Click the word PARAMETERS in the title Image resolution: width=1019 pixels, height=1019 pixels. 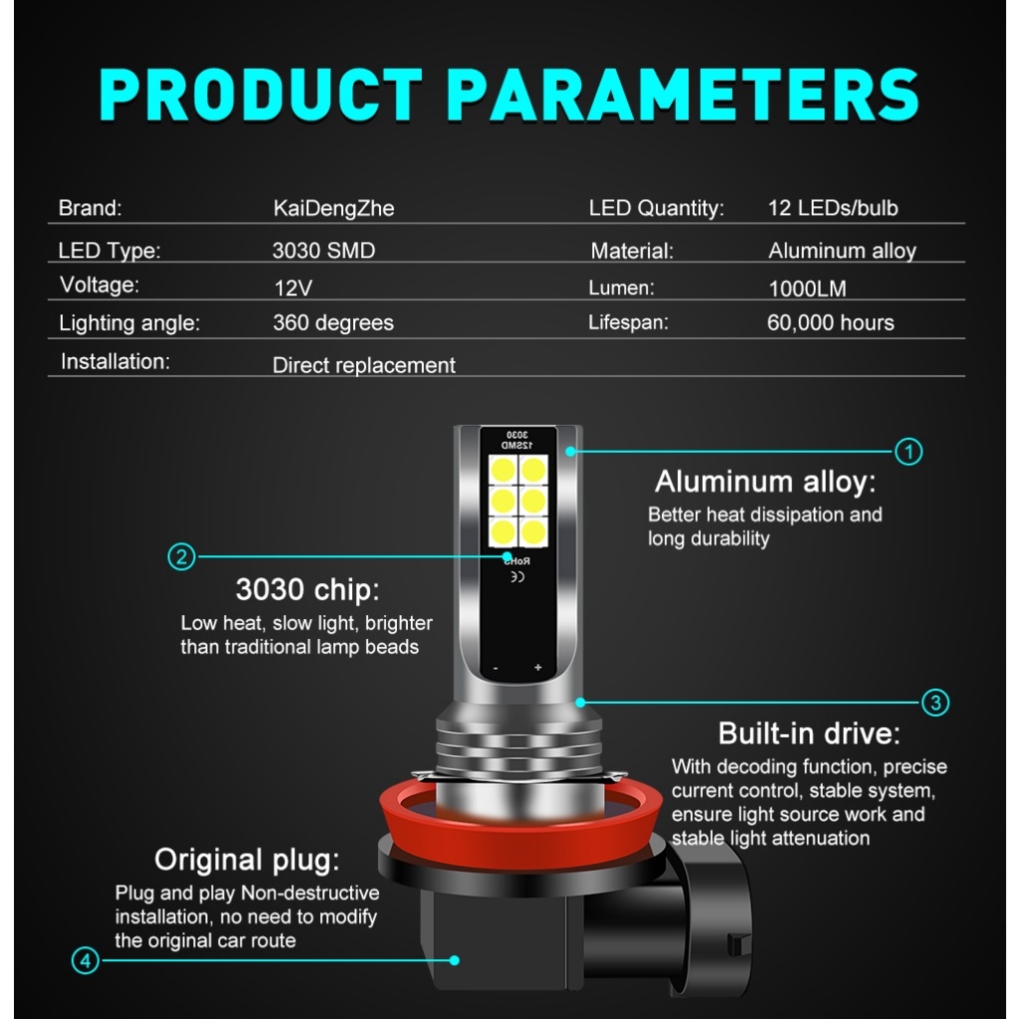(x=683, y=95)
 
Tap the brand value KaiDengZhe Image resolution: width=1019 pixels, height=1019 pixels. (x=333, y=209)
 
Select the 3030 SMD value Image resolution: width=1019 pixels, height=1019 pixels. (x=323, y=250)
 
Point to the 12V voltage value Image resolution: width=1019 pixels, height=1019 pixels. (x=294, y=288)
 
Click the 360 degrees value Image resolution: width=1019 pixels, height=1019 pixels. (x=333, y=323)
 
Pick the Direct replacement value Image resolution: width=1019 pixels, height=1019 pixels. (x=364, y=365)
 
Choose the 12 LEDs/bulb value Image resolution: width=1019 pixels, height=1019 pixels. (x=833, y=208)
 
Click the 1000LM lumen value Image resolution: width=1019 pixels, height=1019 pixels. (x=807, y=289)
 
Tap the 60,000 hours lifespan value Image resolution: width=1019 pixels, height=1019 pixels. (x=831, y=323)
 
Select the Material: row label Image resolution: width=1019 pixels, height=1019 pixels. (x=632, y=251)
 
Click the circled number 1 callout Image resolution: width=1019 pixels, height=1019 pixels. (x=909, y=452)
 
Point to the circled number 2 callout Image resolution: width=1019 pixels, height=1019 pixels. (x=181, y=557)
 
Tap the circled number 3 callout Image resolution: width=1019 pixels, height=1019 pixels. (x=935, y=703)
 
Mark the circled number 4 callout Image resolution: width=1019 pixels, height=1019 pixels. (x=86, y=960)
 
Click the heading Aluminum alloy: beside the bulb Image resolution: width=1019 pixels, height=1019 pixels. (x=765, y=482)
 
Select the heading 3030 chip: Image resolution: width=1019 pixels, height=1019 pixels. (x=307, y=589)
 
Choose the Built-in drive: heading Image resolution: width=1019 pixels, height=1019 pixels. (x=809, y=733)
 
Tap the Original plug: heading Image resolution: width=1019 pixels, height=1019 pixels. (x=247, y=860)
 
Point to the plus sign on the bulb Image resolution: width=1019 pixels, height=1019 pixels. (x=538, y=668)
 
